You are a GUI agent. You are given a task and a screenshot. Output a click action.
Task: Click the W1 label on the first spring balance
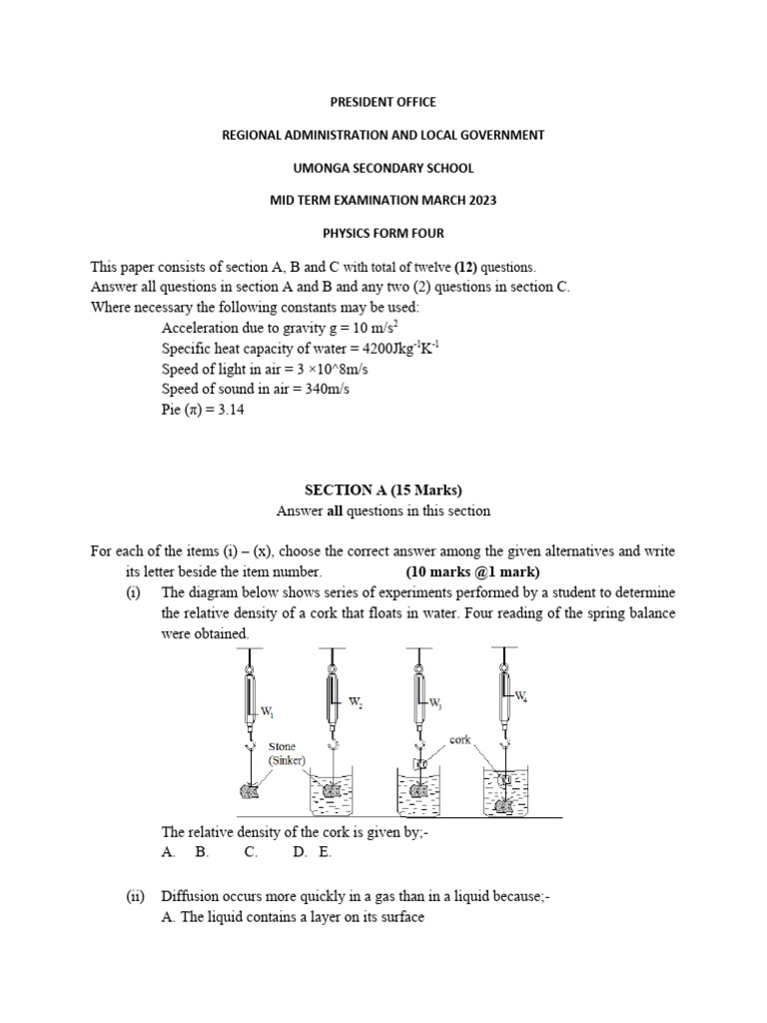pos(268,712)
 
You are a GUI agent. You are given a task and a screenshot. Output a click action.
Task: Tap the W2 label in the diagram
pos(355,702)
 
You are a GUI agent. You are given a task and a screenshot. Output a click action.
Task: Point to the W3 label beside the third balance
pos(435,703)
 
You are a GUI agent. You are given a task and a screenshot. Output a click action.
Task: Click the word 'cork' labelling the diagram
pos(460,740)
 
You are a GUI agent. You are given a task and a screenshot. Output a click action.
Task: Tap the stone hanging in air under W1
pos(248,791)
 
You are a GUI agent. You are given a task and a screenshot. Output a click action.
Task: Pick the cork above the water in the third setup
pos(419,764)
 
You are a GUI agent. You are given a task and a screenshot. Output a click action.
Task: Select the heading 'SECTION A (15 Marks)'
pos(383,489)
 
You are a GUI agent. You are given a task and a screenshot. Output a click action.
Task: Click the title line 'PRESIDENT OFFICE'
pos(383,102)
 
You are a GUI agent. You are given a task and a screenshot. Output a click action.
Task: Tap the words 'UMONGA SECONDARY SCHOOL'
pos(383,168)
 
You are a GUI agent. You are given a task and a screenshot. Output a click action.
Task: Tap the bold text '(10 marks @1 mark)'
pos(472,572)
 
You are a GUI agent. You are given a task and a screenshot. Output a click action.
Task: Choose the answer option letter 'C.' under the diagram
pos(251,852)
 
